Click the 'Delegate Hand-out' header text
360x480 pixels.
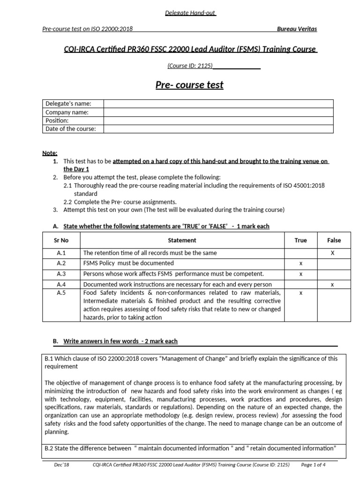pos(189,13)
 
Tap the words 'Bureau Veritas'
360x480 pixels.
pos(297,29)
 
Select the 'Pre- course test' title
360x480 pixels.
pos(189,85)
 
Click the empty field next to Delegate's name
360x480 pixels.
pos(218,104)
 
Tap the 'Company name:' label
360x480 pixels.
pos(67,112)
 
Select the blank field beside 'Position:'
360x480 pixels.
pos(218,120)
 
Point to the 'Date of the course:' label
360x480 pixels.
pos(71,129)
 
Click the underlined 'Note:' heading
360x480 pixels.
pos(50,153)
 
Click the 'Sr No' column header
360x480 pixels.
pos(61,240)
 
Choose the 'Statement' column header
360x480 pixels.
pos(182,240)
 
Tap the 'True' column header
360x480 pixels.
pos(301,240)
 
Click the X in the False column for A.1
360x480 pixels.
pos(332,253)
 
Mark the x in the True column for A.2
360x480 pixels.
pos(301,263)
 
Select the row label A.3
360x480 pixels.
pos(61,274)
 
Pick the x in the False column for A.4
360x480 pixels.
pos(332,284)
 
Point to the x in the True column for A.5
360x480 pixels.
pos(301,293)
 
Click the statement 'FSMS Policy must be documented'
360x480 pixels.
pos(128,263)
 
